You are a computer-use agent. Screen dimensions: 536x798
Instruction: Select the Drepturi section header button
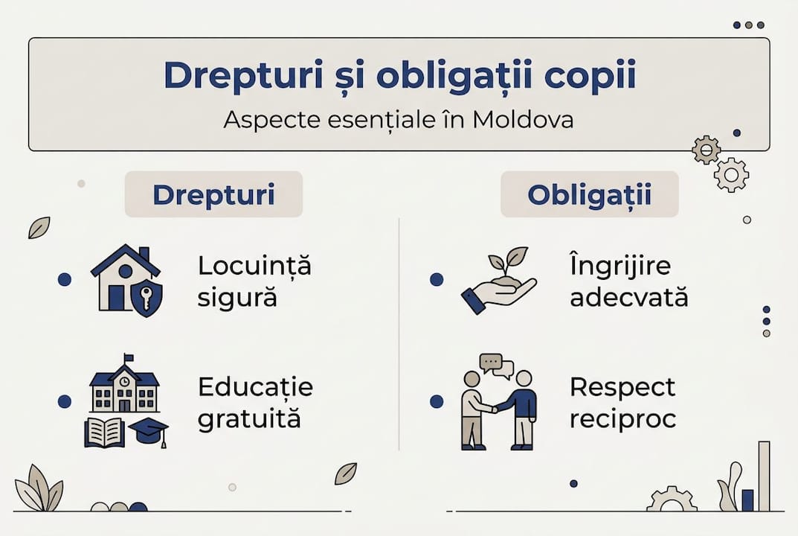click(x=213, y=194)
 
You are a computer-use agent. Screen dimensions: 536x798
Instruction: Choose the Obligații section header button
click(x=589, y=194)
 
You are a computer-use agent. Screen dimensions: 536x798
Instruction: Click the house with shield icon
click(x=125, y=281)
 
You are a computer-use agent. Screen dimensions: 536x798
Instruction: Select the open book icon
click(x=104, y=432)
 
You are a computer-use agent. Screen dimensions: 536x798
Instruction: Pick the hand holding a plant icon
click(x=498, y=281)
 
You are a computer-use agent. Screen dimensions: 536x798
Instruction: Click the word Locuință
click(x=254, y=267)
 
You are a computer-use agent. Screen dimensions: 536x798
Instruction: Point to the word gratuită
click(x=249, y=419)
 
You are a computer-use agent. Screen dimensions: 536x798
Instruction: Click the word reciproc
click(x=622, y=419)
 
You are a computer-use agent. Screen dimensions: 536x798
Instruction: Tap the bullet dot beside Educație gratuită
click(x=65, y=402)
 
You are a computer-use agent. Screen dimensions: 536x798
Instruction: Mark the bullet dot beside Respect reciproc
click(x=437, y=402)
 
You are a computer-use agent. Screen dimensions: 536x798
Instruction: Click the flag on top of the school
click(x=129, y=359)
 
